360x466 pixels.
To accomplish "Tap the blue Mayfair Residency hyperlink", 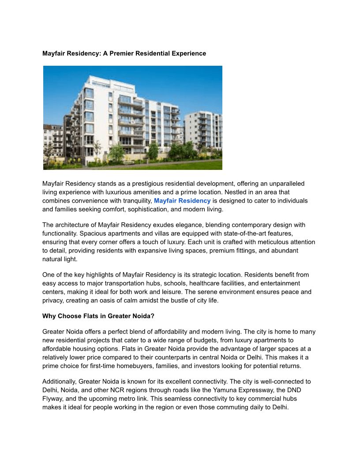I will (x=182, y=201).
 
